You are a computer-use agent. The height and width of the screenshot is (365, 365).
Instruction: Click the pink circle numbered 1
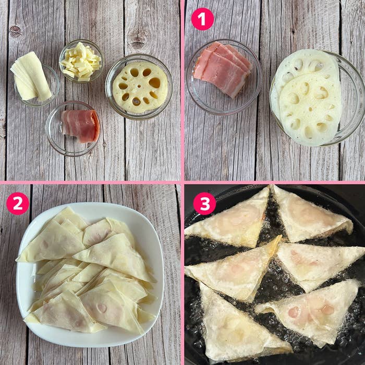(202, 19)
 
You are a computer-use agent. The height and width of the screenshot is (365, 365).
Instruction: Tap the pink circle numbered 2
(18, 203)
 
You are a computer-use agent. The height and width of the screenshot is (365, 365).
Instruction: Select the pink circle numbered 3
(204, 203)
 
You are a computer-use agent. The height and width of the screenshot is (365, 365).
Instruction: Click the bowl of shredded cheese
(81, 61)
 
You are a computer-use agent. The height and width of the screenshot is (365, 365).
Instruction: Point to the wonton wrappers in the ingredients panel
(30, 77)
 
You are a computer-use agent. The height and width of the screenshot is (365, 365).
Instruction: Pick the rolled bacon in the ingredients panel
(80, 126)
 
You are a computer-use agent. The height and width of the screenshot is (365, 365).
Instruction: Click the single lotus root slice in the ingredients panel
(140, 87)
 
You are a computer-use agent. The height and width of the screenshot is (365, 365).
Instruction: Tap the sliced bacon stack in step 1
(222, 69)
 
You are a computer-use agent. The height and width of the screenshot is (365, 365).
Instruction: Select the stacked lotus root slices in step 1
(307, 98)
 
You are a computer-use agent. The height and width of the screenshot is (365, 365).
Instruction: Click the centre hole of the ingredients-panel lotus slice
(139, 87)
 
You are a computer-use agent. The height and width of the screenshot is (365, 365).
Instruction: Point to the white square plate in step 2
(90, 275)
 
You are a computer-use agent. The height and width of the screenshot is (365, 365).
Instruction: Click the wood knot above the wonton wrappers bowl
(16, 31)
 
